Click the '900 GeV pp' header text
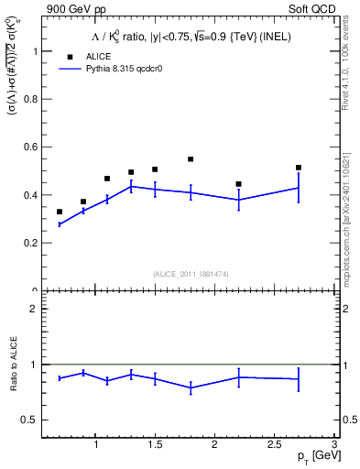click(x=70, y=10)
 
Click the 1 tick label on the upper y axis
click(x=36, y=52)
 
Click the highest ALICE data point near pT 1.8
click(x=191, y=159)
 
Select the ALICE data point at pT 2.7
click(x=299, y=168)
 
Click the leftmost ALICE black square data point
click(x=60, y=212)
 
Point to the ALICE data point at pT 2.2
click(x=238, y=184)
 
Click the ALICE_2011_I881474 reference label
click(x=190, y=275)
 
